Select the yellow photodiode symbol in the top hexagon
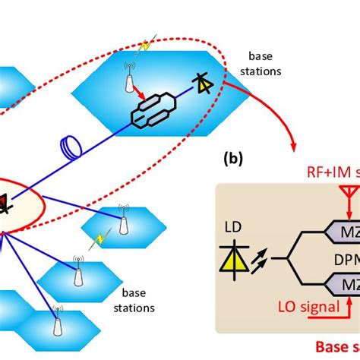(x=203, y=84)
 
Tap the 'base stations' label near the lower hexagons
(x=136, y=301)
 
